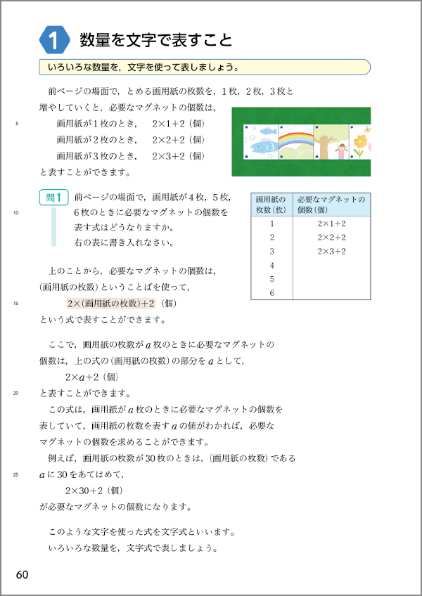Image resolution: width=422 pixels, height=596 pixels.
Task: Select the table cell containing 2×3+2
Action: pos(331,251)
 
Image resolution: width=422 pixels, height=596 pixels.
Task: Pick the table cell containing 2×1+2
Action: pos(331,223)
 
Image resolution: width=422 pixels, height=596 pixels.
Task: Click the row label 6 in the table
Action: pos(271,292)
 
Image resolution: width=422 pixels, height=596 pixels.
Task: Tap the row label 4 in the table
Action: pos(271,265)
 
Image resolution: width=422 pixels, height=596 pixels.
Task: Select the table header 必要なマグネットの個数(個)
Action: pos(331,204)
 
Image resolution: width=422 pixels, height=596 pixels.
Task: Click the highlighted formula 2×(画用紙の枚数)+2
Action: pos(110,304)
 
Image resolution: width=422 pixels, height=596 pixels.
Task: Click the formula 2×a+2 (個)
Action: pos(94,377)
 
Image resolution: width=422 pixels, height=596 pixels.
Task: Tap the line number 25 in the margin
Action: pos(16,475)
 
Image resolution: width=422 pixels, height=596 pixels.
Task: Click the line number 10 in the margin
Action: pos(16,213)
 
